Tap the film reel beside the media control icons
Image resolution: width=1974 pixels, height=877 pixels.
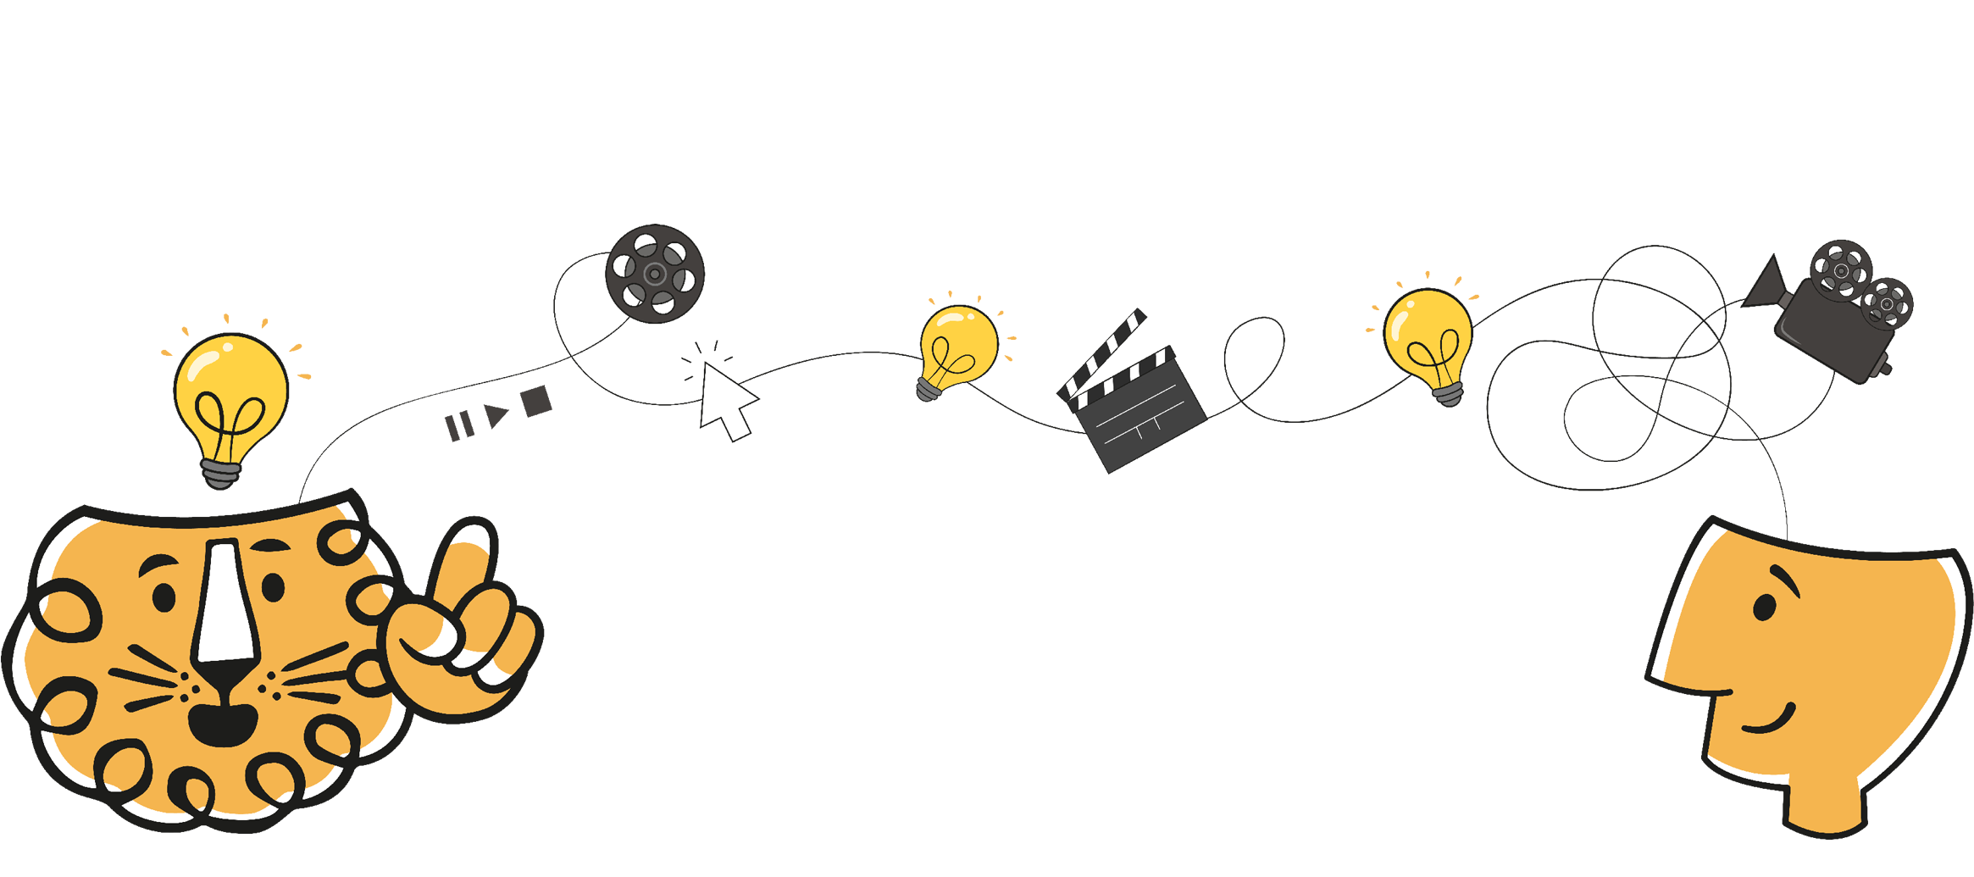[654, 274]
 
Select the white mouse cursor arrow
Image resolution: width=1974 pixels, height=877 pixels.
[725, 400]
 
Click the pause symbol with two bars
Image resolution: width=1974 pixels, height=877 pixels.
[459, 425]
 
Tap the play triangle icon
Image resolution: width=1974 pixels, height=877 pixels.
[496, 415]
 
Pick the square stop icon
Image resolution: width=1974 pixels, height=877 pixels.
[536, 401]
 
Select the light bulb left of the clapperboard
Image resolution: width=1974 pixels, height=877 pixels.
[958, 347]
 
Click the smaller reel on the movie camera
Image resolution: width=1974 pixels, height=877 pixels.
[1887, 303]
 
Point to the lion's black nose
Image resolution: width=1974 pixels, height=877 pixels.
[224, 677]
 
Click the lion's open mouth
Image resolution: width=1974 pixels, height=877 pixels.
[222, 724]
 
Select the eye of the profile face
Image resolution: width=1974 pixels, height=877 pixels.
[1764, 608]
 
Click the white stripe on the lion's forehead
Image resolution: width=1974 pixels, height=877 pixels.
[225, 602]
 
